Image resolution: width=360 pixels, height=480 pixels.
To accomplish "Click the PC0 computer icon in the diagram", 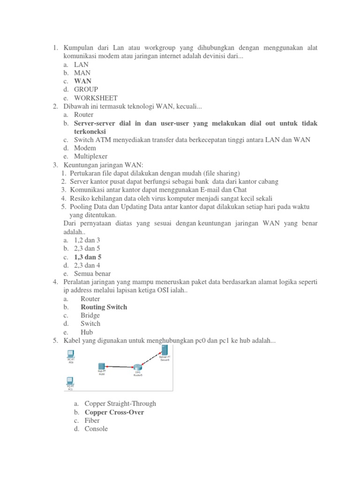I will [71, 354].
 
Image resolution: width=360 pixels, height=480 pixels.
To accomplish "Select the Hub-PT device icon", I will [101, 367].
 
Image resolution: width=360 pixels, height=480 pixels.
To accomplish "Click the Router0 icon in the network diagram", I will [137, 367].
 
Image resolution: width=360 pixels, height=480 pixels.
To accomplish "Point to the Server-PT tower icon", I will [165, 350].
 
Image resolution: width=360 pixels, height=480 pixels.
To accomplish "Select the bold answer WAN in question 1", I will [82, 81].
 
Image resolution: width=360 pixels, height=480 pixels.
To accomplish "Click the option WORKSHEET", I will [96, 98].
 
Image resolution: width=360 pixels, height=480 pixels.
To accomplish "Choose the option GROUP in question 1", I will [86, 90].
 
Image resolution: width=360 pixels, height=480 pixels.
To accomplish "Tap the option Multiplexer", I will [90, 157].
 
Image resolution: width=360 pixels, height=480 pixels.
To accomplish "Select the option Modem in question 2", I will [85, 148].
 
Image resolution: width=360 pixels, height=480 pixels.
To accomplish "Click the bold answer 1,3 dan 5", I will [88, 257].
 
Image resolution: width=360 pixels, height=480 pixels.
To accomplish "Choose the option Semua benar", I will [92, 274].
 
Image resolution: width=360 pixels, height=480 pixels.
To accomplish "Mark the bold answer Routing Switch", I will [104, 307].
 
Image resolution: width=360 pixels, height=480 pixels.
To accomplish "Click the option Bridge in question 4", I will [90, 315].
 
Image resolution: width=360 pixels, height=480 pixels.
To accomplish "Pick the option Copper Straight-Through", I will [120, 404].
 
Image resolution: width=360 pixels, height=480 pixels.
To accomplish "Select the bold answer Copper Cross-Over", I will [114, 412].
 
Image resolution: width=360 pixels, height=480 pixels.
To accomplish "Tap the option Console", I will [96, 429].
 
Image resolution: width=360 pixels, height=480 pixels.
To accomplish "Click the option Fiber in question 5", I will [92, 420].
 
